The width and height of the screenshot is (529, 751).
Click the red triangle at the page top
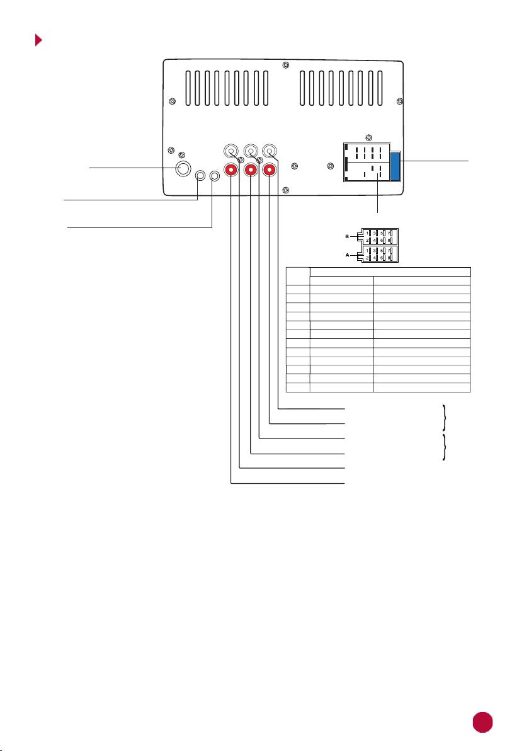click(x=38, y=40)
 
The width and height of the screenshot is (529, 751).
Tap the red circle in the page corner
click(x=482, y=722)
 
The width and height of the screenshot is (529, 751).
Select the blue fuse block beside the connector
click(x=395, y=166)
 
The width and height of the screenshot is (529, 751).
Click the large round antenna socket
click(x=183, y=168)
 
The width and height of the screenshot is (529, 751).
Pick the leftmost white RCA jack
click(x=231, y=151)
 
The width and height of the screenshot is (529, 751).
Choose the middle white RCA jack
click(x=251, y=151)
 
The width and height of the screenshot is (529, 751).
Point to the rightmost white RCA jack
click(x=270, y=151)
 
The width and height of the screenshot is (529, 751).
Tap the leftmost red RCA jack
click(x=231, y=170)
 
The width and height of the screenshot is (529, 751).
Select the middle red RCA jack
click(x=251, y=170)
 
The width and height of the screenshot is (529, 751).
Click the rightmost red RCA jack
click(x=270, y=170)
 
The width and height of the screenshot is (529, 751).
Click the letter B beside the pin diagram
click(x=348, y=237)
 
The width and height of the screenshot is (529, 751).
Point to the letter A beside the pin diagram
click(x=348, y=255)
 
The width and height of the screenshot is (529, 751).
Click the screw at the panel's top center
click(x=286, y=65)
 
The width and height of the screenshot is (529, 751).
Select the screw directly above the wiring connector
click(x=368, y=139)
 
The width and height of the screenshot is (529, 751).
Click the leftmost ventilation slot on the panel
click(x=189, y=88)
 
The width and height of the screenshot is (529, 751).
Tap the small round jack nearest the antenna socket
click(x=201, y=176)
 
